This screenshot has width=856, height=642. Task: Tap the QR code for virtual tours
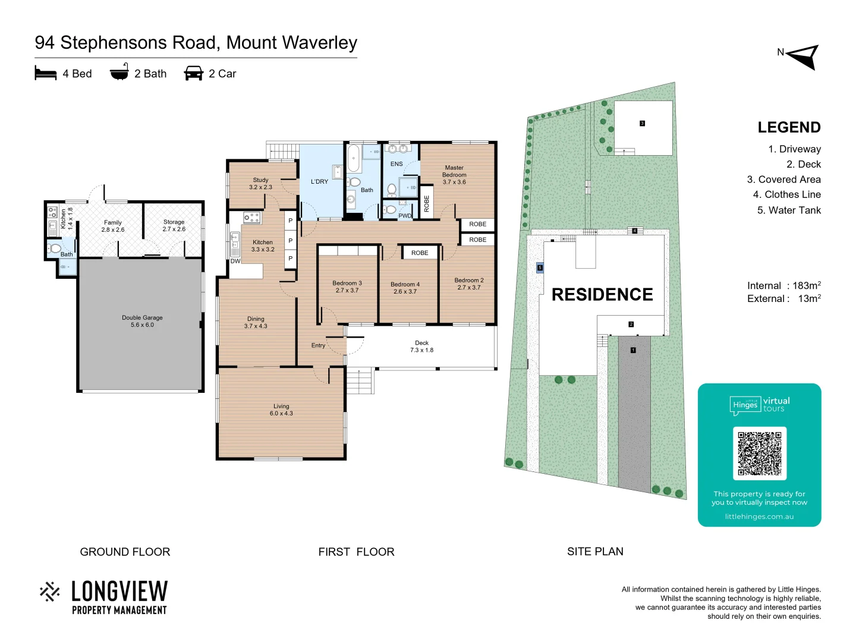point(759,453)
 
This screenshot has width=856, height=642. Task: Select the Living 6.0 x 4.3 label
point(281,410)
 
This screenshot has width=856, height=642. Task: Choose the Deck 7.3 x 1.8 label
point(421,347)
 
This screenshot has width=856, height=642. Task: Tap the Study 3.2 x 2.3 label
point(260,183)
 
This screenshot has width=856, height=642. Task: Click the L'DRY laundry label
point(319,181)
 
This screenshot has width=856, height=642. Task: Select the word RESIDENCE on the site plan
point(602,294)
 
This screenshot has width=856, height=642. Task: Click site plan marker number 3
point(642,124)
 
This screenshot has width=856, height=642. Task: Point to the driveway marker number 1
point(633,350)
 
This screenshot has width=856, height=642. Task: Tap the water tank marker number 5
point(540,267)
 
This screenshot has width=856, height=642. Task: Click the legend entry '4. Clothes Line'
point(786,194)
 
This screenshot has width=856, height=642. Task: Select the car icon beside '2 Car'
point(194,74)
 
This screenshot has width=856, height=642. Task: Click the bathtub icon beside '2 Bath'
point(119,72)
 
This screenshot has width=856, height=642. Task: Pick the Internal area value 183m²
point(807,285)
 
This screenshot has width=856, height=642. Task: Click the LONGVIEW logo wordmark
point(119,591)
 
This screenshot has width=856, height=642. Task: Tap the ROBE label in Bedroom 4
point(420,253)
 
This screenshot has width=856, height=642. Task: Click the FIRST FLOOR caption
point(356,552)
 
